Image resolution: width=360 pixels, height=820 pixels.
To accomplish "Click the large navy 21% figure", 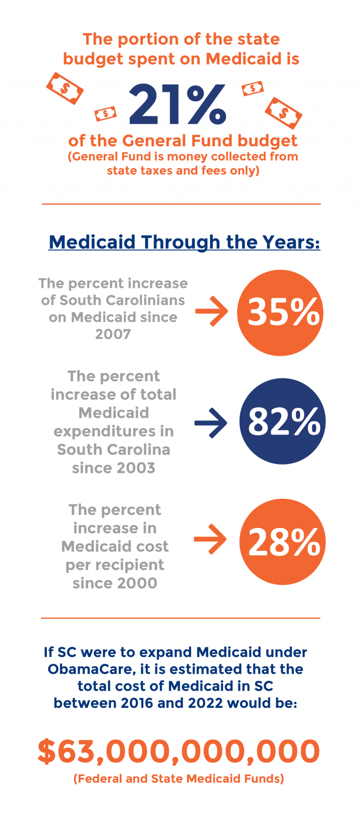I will (x=178, y=105).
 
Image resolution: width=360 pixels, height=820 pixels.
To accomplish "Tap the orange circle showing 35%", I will (x=280, y=313).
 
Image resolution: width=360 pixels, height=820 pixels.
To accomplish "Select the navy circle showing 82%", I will (x=282, y=421).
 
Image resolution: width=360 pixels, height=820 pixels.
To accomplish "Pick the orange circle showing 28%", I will (x=282, y=542).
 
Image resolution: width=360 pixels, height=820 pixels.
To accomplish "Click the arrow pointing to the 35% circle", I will (x=211, y=311).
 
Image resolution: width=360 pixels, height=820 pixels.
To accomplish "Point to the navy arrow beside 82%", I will (x=211, y=423).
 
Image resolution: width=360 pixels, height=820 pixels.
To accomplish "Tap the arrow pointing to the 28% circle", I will (x=210, y=539).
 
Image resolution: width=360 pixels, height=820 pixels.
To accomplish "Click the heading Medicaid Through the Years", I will (x=184, y=242).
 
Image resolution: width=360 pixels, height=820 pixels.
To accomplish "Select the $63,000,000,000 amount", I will (x=179, y=751).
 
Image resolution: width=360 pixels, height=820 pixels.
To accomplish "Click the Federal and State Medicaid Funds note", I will (x=179, y=779).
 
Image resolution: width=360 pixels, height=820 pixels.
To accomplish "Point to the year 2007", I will (x=113, y=334).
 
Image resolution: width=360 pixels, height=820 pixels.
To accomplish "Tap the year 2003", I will (x=136, y=468).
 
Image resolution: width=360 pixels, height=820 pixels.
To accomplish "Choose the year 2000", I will (x=138, y=583).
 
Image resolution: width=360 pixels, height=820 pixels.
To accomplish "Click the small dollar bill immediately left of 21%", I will (x=105, y=113).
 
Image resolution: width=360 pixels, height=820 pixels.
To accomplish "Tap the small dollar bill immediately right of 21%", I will (x=253, y=88).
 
